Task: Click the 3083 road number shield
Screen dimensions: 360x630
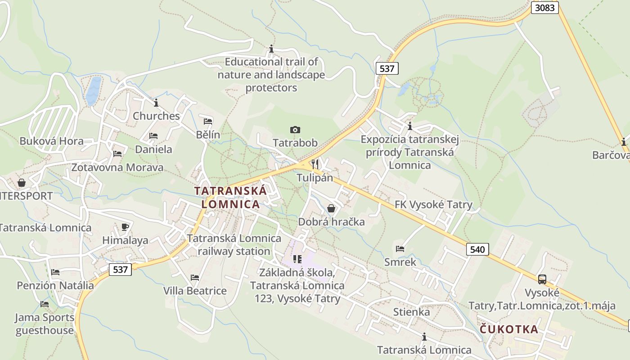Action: (x=545, y=8)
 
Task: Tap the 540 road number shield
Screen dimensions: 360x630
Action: (x=477, y=249)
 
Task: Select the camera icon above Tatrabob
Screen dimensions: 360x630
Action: (x=295, y=130)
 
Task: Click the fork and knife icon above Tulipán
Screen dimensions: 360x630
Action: (x=315, y=164)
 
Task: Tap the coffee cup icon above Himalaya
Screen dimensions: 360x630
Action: (x=125, y=227)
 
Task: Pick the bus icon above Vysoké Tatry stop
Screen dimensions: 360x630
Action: (x=542, y=279)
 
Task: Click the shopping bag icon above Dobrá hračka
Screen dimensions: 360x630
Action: (x=331, y=208)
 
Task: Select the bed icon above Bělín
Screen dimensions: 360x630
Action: (x=208, y=121)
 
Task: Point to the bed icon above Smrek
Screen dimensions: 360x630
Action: (x=400, y=248)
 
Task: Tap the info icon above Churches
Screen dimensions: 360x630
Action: (x=156, y=103)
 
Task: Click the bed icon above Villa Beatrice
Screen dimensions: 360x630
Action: (x=195, y=278)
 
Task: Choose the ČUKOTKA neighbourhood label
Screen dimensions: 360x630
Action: (x=509, y=329)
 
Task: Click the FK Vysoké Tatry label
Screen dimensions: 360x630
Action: (x=433, y=205)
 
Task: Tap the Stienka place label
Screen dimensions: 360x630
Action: (x=411, y=312)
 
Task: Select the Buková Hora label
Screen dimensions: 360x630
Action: (x=51, y=141)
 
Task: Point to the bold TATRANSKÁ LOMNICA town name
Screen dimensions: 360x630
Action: (x=230, y=197)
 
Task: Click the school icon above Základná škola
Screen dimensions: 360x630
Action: (x=297, y=259)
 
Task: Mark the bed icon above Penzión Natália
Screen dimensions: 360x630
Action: (x=55, y=272)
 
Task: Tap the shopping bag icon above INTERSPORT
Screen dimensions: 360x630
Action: (x=21, y=183)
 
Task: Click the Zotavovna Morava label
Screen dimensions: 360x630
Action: (x=117, y=168)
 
